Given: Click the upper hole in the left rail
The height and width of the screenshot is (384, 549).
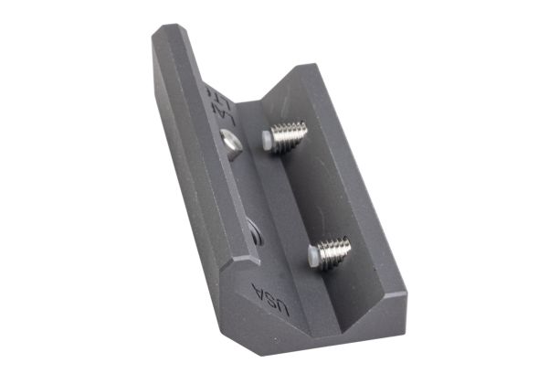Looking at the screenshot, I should pyautogui.click(x=232, y=143).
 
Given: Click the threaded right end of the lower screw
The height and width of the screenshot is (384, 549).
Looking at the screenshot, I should pyautogui.click(x=345, y=245).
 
